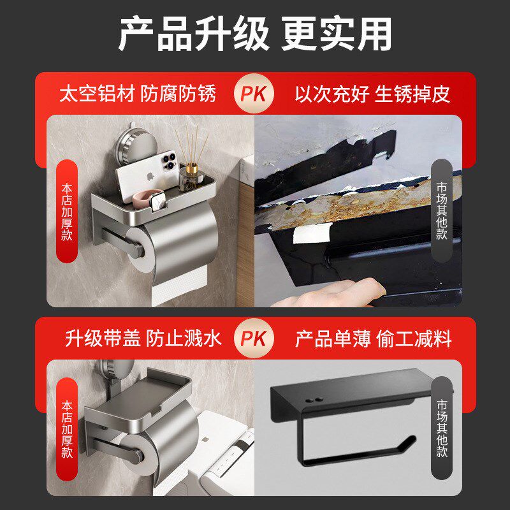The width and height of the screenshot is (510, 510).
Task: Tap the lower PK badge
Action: pos(256,339)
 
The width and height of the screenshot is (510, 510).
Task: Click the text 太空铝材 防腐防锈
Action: pos(137,94)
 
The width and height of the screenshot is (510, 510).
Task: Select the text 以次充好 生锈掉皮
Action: pos(372,94)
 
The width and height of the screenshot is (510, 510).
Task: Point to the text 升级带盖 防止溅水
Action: pos(143,339)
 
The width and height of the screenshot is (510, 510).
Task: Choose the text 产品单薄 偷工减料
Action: pos(373,339)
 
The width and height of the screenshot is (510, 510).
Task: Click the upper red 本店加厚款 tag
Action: pos(67,211)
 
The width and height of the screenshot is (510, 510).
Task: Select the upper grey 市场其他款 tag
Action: pos(442,211)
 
